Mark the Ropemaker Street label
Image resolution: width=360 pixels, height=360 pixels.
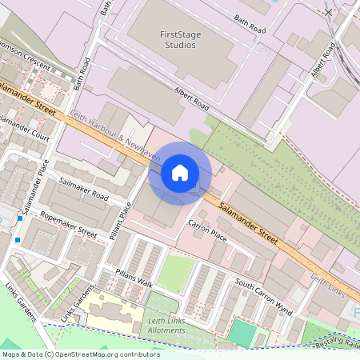point(68,224)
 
